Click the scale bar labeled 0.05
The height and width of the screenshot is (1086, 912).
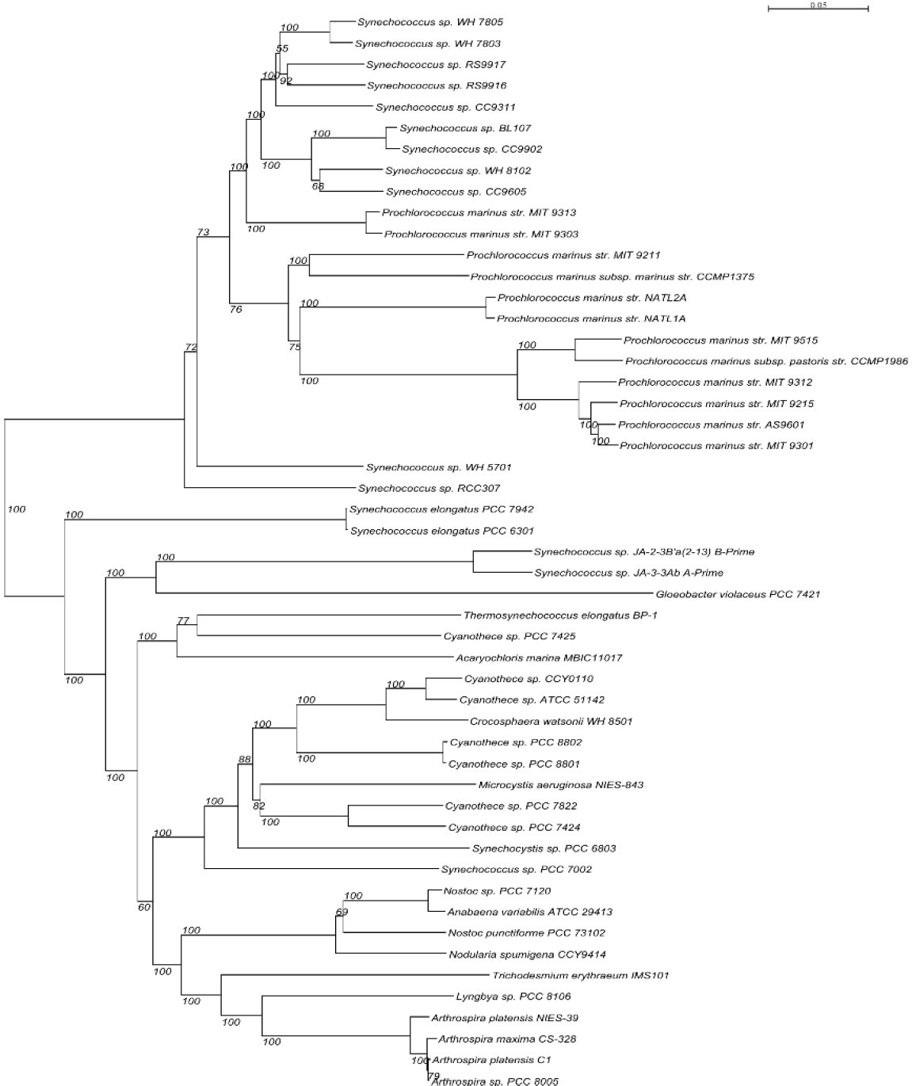pyautogui.click(x=818, y=9)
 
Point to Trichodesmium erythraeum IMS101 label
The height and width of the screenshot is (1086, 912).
pyautogui.click(x=580, y=976)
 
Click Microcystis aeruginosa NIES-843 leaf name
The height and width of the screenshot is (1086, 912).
pyautogui.click(x=560, y=785)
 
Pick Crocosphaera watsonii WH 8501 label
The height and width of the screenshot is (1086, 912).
pyautogui.click(x=551, y=722)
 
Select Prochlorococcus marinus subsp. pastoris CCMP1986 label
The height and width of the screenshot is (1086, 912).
pyautogui.click(x=765, y=361)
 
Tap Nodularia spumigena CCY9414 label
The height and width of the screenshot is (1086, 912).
pyautogui.click(x=527, y=955)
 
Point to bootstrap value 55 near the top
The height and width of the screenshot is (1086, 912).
pyautogui.click(x=282, y=49)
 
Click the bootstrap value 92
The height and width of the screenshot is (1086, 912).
pyautogui.click(x=286, y=81)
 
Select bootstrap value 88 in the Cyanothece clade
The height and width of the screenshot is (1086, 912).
pyautogui.click(x=244, y=760)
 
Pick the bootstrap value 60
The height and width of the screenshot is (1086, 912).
pyautogui.click(x=143, y=907)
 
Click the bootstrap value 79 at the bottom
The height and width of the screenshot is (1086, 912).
pyautogui.click(x=433, y=1076)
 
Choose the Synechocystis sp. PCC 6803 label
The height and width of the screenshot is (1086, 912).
pyautogui.click(x=544, y=848)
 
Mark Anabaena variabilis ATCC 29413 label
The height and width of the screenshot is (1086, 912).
pyautogui.click(x=529, y=913)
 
